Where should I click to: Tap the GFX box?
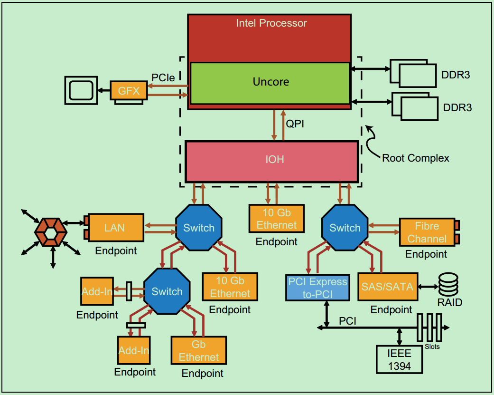pos(129,90)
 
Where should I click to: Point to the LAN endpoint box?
pos(115,228)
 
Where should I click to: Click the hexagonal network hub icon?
pos(50,231)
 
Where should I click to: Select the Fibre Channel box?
pos(427,232)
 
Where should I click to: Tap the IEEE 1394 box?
pos(399,359)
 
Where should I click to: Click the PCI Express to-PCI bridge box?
pos(317,288)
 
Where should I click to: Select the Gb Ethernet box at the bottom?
pos(198,351)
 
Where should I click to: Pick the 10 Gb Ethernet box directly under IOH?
pos(276,219)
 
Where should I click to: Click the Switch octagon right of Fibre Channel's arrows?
pos(345,228)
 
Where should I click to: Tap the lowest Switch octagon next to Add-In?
pos(167,291)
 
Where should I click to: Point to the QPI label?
pos(295,124)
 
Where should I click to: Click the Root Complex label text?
pos(415,158)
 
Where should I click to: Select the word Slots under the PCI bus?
pos(431,347)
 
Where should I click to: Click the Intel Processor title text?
pos(271,23)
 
